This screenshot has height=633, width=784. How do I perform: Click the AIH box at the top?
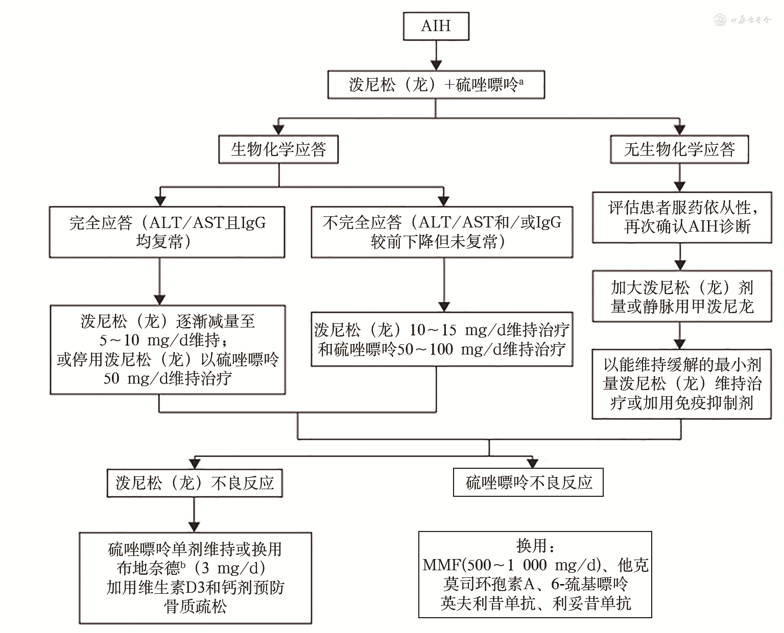436,26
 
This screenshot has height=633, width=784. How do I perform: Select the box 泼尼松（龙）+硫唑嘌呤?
436,84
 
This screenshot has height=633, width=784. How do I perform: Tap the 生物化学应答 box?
278,149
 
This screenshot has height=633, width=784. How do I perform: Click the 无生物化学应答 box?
679,149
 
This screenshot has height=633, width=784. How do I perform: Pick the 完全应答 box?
167,232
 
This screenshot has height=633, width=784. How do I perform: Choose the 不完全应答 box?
442,232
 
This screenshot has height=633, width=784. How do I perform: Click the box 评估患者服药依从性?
682,217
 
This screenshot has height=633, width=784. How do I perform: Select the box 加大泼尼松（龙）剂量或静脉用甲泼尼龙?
682,296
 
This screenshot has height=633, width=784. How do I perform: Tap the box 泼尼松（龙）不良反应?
195,483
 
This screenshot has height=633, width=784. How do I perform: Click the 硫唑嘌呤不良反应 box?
528,482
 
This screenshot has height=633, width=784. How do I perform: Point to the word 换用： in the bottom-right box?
535,546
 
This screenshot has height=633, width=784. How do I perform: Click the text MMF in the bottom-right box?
442,565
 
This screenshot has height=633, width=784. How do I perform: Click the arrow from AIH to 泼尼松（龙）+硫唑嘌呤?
436,56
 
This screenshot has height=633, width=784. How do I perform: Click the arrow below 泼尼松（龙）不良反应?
194,515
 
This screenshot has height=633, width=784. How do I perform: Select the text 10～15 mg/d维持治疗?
489,330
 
